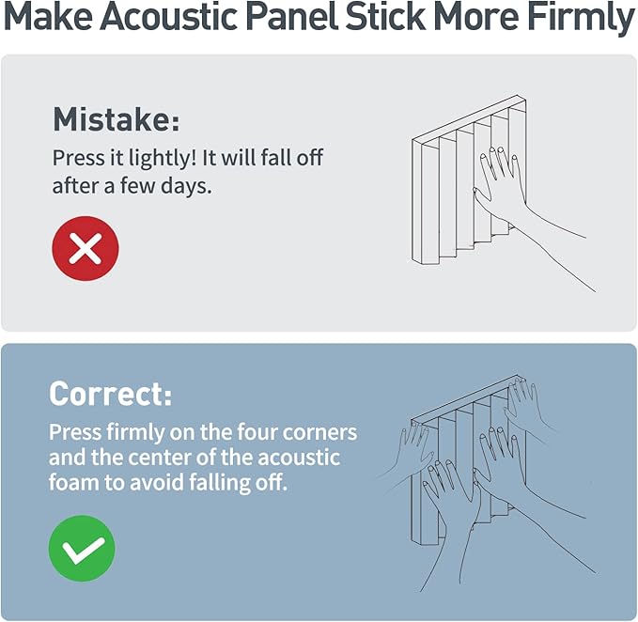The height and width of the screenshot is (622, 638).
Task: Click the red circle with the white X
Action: coord(86,248)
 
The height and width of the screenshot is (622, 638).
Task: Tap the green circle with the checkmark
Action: coord(82,548)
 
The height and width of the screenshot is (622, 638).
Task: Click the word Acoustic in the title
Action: coord(169,16)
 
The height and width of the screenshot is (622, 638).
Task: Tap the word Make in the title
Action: coord(49,16)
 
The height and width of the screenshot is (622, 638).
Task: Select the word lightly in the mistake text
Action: coord(159,158)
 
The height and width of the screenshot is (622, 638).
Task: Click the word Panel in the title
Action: coord(291,16)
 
